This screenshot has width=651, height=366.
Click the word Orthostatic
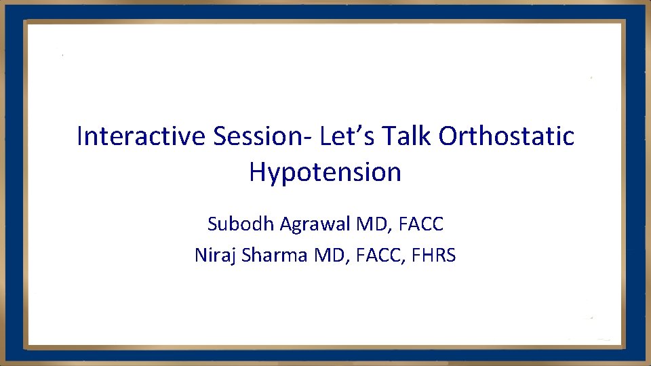pos(507,136)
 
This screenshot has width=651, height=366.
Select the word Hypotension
pos(325,173)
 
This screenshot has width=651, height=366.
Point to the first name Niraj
pos(214,256)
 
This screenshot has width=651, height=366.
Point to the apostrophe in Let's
pos(359,129)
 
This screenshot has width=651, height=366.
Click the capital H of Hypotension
pos(257,172)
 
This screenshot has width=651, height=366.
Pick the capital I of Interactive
pos(80,136)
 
